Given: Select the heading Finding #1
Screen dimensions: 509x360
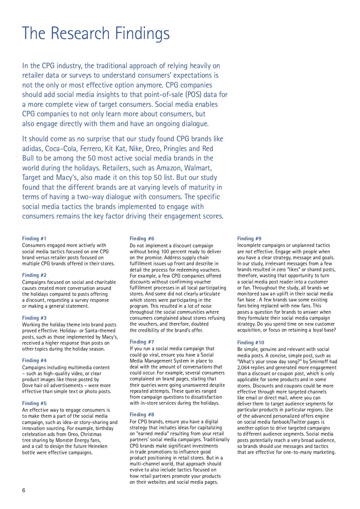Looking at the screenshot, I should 34,239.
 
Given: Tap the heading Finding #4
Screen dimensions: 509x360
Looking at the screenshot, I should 34,360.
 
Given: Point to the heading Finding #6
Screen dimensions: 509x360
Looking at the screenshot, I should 142,239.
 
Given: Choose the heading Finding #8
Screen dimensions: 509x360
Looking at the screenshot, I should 142,415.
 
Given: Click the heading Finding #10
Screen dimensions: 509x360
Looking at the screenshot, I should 251,342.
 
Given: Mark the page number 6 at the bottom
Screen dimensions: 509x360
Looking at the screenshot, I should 24,490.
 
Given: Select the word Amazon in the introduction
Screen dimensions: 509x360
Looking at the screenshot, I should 168,168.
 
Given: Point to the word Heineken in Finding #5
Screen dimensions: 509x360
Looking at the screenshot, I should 95,446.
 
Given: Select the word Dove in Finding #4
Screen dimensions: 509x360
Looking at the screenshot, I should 28,385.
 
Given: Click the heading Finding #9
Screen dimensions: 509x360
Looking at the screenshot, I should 249,239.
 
